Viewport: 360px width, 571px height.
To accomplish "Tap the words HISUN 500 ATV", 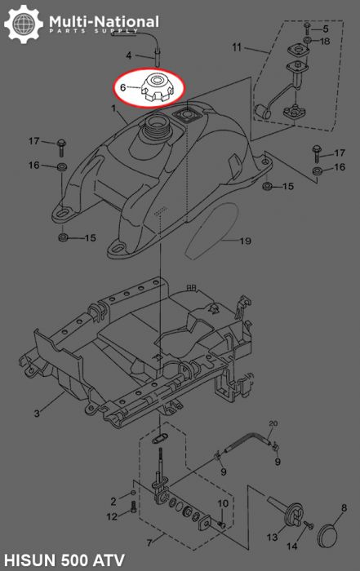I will pyautogui.click(x=63, y=560).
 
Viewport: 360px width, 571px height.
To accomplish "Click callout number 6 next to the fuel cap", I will pyautogui.click(x=124, y=86).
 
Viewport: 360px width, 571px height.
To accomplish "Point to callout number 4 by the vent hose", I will pyautogui.click(x=128, y=55).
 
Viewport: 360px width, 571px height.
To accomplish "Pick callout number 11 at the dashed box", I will pyautogui.click(x=237, y=47).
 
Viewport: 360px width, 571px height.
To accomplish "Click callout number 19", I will pyautogui.click(x=246, y=241).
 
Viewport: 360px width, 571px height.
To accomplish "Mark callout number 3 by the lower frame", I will pyautogui.click(x=37, y=414).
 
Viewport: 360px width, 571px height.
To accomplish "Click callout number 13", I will pyautogui.click(x=272, y=538).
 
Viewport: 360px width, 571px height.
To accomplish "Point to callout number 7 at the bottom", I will pyautogui.click(x=149, y=542).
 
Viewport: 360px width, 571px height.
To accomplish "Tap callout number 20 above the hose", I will pyautogui.click(x=273, y=423).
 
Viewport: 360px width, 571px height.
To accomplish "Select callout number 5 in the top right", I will pyautogui.click(x=325, y=29).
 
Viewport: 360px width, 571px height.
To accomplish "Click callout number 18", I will pyautogui.click(x=325, y=41).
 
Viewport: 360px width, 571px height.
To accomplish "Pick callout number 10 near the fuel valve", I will pyautogui.click(x=222, y=502).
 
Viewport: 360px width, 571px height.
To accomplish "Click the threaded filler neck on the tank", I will pyautogui.click(x=155, y=128).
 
